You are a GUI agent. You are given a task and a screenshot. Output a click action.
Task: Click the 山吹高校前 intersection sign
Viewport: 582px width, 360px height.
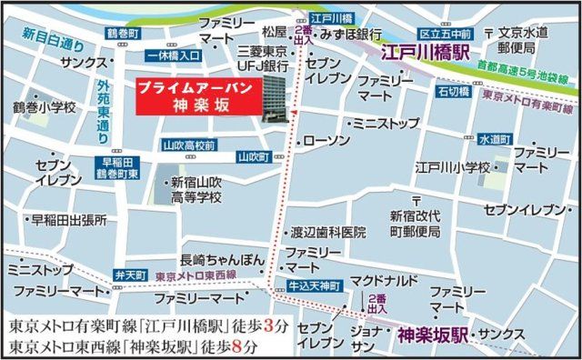pyautogui.click(x=188, y=145)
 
